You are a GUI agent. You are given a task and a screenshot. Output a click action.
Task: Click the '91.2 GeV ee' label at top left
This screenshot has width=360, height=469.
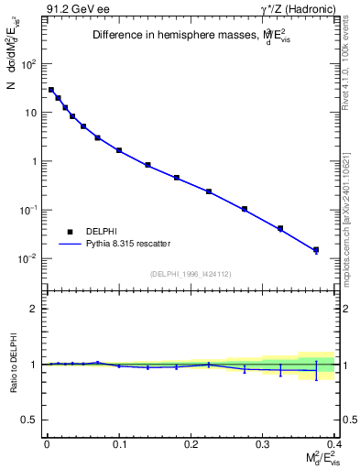70,10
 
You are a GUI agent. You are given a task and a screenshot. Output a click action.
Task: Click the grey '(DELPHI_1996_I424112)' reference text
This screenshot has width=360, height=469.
190,273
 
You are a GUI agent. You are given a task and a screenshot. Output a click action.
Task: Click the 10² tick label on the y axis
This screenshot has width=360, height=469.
29,64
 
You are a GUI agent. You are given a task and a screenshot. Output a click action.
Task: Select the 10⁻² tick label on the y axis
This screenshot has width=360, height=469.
28,258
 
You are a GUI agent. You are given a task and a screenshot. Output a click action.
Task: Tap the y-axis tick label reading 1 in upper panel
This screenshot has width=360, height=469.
34,161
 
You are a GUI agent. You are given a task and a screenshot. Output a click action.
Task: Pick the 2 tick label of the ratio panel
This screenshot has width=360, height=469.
35,309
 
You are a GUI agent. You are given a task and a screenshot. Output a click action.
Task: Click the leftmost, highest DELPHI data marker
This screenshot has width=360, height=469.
51,90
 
